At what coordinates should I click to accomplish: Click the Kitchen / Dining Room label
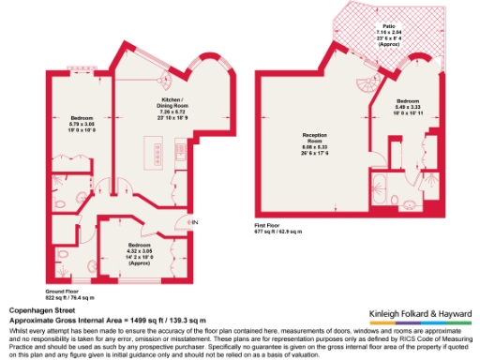pyautogui.click(x=172, y=102)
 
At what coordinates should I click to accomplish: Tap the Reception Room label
pyautogui.click(x=312, y=138)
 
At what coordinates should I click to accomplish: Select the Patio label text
pyautogui.click(x=388, y=27)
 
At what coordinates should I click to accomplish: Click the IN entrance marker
pyautogui.click(x=196, y=221)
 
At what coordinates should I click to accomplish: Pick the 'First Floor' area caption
pyautogui.click(x=269, y=225)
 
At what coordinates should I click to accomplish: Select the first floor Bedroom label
pyautogui.click(x=408, y=100)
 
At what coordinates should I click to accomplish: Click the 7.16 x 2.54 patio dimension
pyautogui.click(x=388, y=35)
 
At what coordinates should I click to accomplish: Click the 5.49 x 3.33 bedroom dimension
pyautogui.click(x=408, y=107)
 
